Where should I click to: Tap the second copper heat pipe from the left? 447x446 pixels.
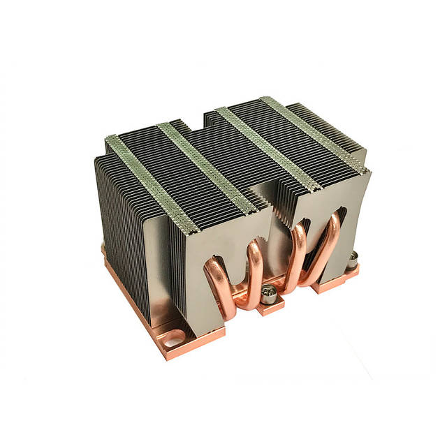(253, 269)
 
